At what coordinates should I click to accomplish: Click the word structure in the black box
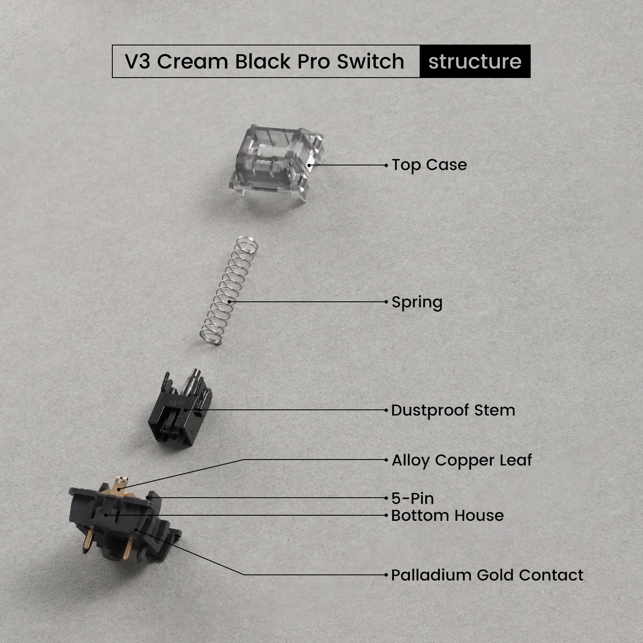[x=475, y=61]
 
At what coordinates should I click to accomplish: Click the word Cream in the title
[x=193, y=61]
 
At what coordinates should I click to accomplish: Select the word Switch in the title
[x=370, y=61]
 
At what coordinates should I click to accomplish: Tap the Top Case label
[x=429, y=165]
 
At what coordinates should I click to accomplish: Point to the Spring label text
[x=417, y=302]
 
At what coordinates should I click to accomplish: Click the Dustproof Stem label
[x=453, y=410]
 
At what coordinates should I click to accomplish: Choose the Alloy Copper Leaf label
[x=461, y=460]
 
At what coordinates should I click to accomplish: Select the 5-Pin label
[x=412, y=499]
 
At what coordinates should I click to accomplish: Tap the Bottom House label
[x=447, y=515]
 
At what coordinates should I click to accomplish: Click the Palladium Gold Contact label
[x=487, y=575]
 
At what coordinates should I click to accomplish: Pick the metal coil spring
[x=229, y=291]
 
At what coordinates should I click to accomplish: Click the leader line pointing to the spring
[x=309, y=302]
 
